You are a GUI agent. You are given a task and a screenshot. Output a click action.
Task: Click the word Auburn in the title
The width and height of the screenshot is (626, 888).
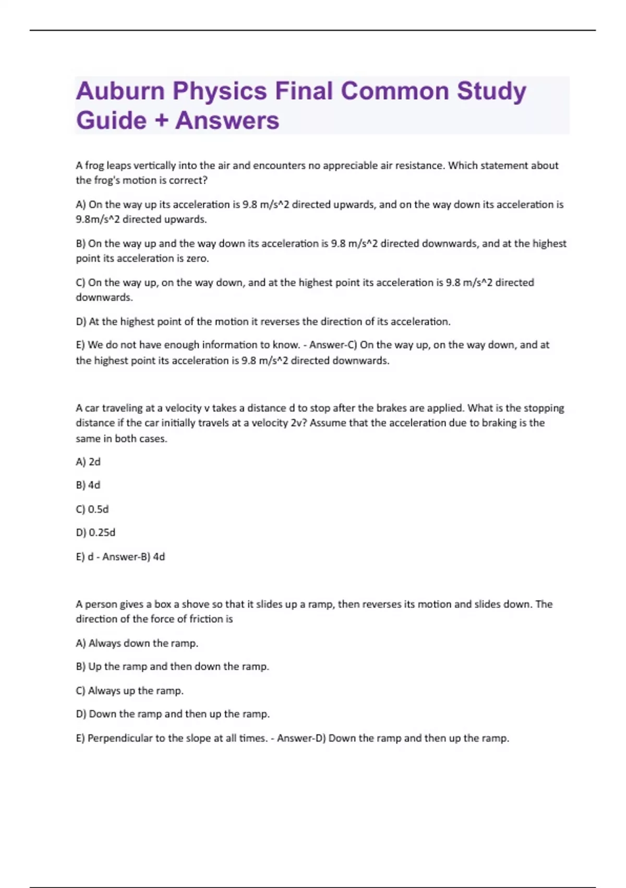pos(120,91)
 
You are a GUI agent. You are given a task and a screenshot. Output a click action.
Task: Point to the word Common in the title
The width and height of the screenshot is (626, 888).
pos(394,91)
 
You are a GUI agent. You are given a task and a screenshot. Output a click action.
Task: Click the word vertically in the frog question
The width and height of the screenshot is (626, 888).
pos(155,166)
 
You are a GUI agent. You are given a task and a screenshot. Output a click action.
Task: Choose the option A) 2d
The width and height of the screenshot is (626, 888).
pos(88,462)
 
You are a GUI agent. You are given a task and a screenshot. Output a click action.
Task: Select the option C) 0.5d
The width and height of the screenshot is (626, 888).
pos(92,509)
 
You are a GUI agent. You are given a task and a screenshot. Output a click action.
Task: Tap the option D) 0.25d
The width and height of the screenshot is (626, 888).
pos(95,533)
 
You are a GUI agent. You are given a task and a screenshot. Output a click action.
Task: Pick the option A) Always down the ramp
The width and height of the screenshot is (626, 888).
pos(137,644)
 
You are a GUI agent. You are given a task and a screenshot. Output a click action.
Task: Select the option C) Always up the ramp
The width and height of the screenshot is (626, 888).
pos(130,691)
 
